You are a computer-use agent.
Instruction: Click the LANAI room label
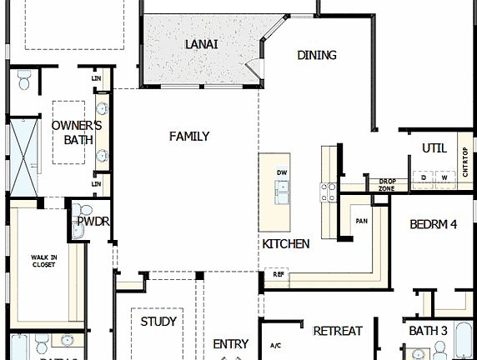[201, 43]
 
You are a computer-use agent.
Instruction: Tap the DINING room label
[317, 55]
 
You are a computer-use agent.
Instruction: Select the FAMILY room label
[189, 137]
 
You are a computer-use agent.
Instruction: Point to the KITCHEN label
[286, 244]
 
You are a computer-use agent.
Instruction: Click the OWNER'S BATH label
[77, 132]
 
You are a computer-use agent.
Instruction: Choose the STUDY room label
[158, 321]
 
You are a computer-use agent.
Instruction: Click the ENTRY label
[231, 343]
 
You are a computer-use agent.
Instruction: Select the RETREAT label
[338, 331]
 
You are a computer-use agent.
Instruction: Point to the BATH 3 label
[429, 331]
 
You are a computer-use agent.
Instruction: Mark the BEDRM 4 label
[434, 224]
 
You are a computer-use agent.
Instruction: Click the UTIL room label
[434, 147]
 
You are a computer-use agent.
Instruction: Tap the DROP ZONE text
[387, 184]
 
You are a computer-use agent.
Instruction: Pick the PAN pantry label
[362, 221]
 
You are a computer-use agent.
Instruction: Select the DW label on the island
[283, 172]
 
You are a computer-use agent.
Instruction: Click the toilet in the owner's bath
[23, 81]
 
